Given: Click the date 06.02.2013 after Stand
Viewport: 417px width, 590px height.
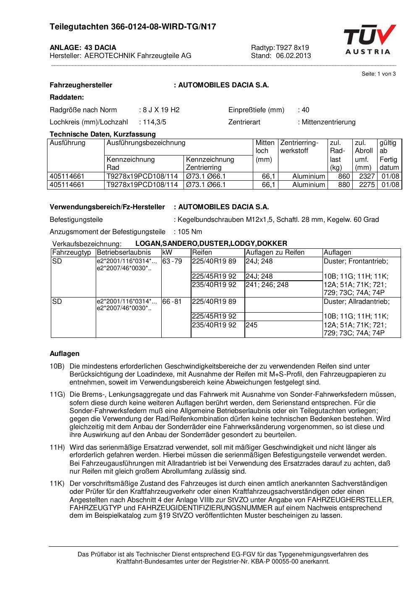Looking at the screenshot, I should pos(294,56).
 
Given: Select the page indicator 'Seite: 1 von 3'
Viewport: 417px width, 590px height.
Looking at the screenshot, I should pos(378,74).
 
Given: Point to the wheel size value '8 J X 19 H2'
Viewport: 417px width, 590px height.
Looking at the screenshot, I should pos(161,110).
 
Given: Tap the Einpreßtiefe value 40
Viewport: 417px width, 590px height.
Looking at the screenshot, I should pos(305,110).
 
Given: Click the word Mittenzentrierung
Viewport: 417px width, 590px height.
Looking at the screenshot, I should pos(328,122).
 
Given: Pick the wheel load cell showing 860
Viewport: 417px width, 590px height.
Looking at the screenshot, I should pos(344,176).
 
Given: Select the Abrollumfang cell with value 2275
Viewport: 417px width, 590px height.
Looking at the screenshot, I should pos(367,184).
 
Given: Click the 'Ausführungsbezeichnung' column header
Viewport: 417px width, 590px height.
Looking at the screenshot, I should pos(146,143).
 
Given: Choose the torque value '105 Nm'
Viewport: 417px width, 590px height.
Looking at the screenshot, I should pos(190,232).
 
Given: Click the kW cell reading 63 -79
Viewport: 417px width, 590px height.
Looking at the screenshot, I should pos(172,261).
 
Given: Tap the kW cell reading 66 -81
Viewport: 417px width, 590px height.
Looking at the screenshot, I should pos(172,302).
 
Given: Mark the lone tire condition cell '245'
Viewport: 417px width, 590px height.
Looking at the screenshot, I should pos(252,325).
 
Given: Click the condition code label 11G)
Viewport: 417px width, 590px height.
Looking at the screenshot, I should pos(57,395).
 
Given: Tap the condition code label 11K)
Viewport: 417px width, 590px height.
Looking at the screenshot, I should pos(57,484).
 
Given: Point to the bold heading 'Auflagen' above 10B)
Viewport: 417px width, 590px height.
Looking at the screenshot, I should pos(64,353).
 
